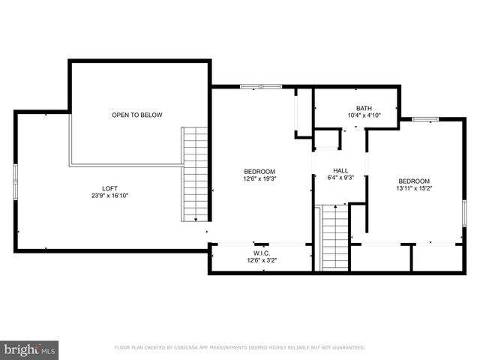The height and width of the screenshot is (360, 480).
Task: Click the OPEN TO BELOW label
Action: coord(136,115)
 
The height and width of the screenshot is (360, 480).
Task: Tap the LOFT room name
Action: coord(109,188)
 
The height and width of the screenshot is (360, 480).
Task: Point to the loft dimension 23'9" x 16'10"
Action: coord(109,196)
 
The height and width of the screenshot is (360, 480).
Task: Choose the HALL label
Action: coord(340,170)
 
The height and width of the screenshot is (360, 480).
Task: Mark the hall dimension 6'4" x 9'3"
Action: coord(340,178)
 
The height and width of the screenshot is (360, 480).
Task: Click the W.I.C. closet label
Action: coord(261,253)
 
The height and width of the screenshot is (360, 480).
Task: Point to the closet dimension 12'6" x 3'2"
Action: coord(261,261)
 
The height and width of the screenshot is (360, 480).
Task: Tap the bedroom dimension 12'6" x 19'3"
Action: coord(259,178)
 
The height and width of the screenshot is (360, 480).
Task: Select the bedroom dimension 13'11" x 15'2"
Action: coord(414,189)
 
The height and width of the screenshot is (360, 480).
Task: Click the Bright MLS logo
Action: coord(30,349)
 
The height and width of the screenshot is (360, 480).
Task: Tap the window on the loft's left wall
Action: coord(16,183)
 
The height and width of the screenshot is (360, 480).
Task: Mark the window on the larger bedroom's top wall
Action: coord(260,86)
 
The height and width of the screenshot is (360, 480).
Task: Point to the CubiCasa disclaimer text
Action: coord(239,348)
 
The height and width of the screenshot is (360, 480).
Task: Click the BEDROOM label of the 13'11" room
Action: coord(414,181)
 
